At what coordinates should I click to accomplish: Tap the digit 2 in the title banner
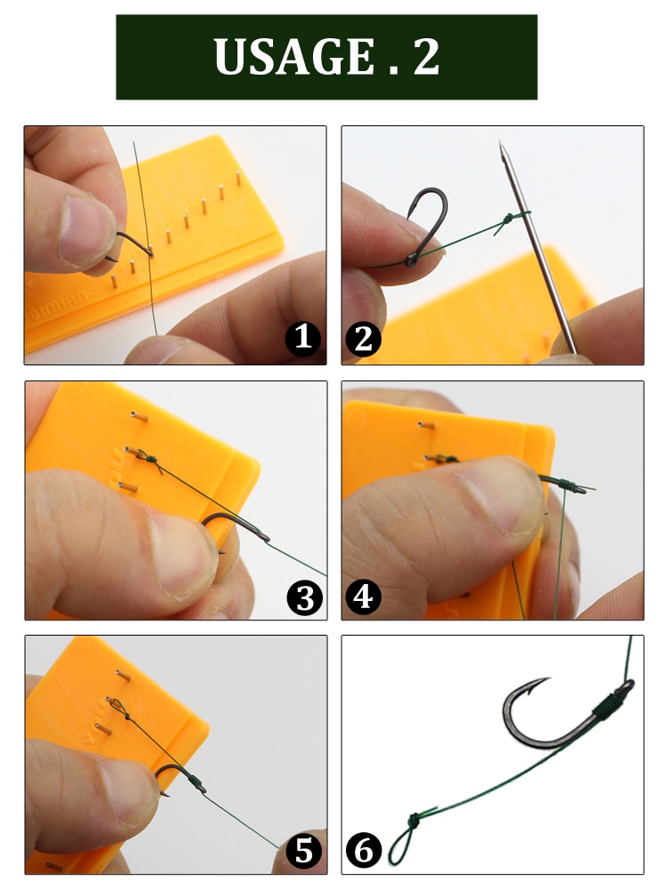coord(426,56)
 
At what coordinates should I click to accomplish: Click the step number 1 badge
coord(303,339)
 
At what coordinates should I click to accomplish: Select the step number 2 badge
coord(362,339)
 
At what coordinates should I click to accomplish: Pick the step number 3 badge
coord(303,597)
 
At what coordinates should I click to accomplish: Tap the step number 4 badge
coord(362,597)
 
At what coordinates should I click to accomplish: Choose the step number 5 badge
coord(303,851)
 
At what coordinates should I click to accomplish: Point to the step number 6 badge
coord(362,851)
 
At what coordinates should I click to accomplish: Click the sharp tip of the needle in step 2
coord(502,144)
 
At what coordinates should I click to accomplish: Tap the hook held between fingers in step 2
coord(425,222)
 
